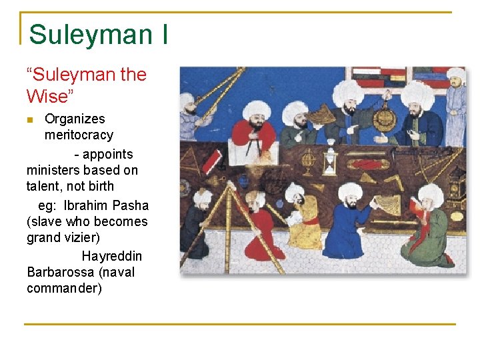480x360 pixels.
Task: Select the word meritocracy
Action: [x=79, y=135]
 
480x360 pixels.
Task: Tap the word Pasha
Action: [x=131, y=205]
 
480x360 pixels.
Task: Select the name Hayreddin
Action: [x=111, y=256]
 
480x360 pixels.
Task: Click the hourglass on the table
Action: [x=330, y=161]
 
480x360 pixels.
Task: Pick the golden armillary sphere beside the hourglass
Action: [x=309, y=160]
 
